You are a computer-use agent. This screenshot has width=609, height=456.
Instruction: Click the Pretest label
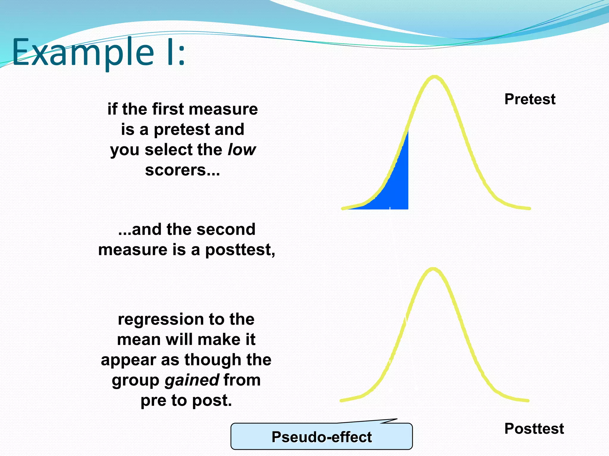(x=530, y=99)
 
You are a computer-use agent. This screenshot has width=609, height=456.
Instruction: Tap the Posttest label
(x=534, y=429)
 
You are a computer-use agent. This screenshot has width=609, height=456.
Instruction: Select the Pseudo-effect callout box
(x=321, y=437)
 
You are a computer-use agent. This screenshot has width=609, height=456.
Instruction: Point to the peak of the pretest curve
(x=434, y=77)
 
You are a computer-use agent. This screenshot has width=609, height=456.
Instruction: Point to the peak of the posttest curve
(x=433, y=269)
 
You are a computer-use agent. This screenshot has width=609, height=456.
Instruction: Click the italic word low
(x=241, y=150)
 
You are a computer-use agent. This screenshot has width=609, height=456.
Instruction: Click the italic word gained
(x=192, y=380)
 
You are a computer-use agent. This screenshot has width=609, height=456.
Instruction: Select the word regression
(x=161, y=320)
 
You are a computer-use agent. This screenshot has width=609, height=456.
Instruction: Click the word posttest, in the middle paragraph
(x=240, y=250)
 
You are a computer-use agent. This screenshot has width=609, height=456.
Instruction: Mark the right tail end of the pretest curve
(x=529, y=208)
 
